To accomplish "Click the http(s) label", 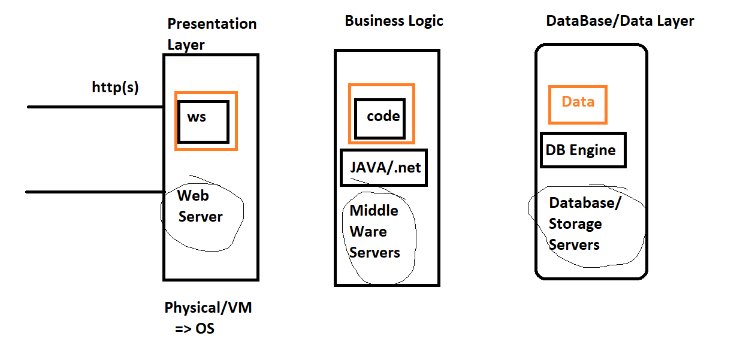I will (x=115, y=87).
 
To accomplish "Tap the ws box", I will (x=203, y=122).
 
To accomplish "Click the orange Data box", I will (x=578, y=104).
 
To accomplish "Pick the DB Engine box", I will (x=583, y=150).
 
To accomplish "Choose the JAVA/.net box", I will (x=385, y=167).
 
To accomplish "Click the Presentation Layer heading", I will (x=212, y=34).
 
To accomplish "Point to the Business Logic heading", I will (x=394, y=21).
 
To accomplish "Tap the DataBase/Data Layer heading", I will (x=620, y=21).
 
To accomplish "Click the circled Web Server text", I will (x=200, y=206).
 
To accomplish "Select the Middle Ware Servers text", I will (x=374, y=231).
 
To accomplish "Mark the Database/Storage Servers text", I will (x=584, y=224).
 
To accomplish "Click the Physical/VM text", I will (x=208, y=308).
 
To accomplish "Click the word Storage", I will (x=575, y=224).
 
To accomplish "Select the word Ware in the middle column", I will (x=368, y=231).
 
